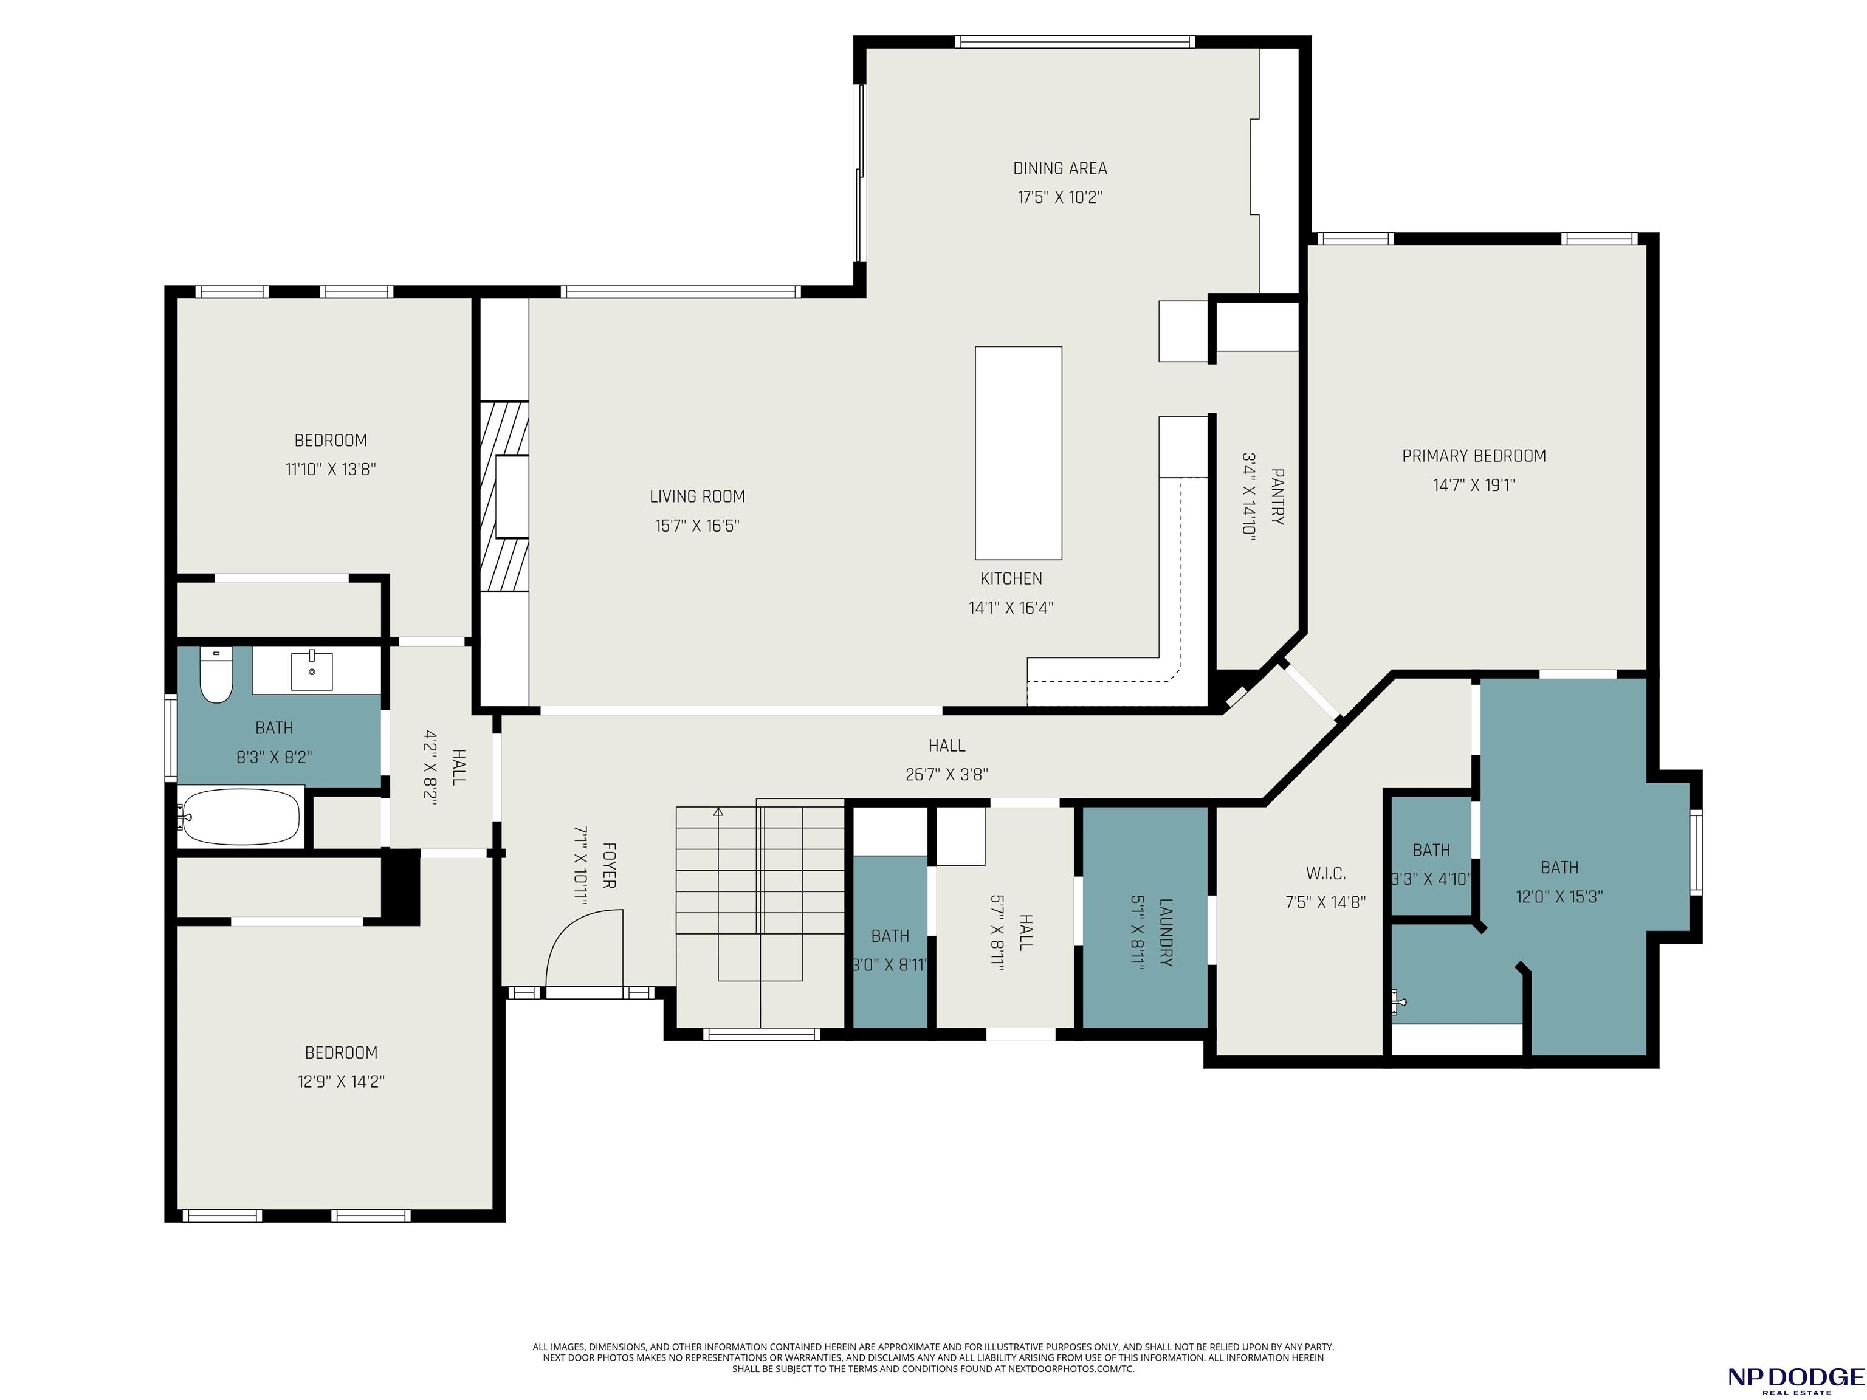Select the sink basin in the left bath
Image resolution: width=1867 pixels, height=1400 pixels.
click(312, 671)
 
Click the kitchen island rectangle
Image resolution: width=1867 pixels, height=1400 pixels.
click(1018, 453)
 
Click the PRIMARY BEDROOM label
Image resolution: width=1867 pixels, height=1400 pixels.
click(1474, 456)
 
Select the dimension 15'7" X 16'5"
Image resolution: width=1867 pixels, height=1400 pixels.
click(697, 526)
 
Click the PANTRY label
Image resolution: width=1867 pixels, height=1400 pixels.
click(1277, 497)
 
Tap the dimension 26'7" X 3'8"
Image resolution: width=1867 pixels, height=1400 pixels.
click(947, 775)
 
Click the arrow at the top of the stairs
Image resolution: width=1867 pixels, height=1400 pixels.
click(718, 812)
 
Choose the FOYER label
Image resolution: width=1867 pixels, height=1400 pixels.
click(608, 865)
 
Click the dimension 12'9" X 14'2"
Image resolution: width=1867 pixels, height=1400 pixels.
click(341, 1082)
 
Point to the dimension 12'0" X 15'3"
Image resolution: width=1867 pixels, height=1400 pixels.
click(1559, 897)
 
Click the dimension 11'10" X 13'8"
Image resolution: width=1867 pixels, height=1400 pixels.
click(330, 469)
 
